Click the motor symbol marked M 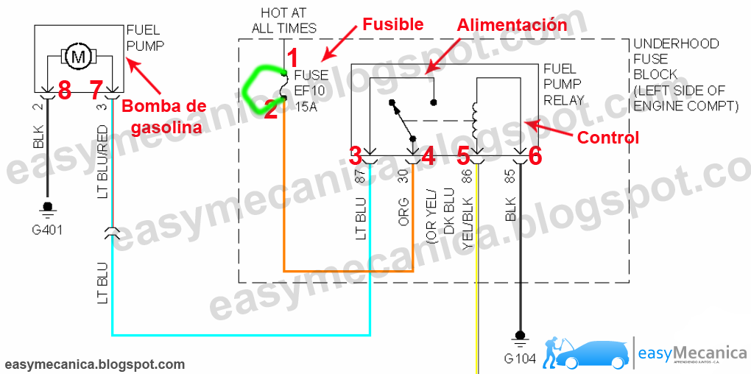(77, 55)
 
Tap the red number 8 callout (64, 90)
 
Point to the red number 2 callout (271, 110)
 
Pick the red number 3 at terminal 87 (356, 155)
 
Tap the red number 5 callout (462, 155)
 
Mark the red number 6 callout (535, 155)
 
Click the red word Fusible (392, 24)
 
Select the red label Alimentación (512, 25)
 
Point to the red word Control (607, 137)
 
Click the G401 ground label (48, 229)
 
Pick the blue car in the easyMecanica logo (593, 353)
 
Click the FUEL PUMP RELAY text (563, 85)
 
